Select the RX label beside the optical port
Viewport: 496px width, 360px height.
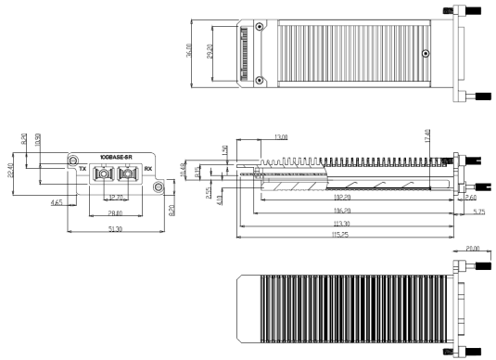coord(147,171)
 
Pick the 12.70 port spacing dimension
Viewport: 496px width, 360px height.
coord(116,198)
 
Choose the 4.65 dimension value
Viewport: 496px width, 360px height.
coord(57,200)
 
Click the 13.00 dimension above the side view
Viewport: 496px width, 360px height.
coord(280,137)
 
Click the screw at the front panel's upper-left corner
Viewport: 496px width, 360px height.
coord(73,161)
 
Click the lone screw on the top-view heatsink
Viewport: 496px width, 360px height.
coord(425,54)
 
